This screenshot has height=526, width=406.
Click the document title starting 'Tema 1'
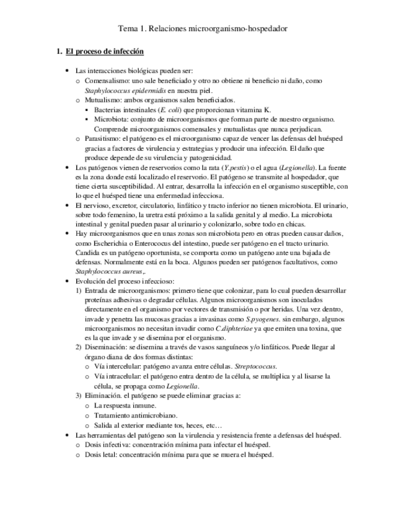(203, 29)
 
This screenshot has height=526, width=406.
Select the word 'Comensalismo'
(107, 81)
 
